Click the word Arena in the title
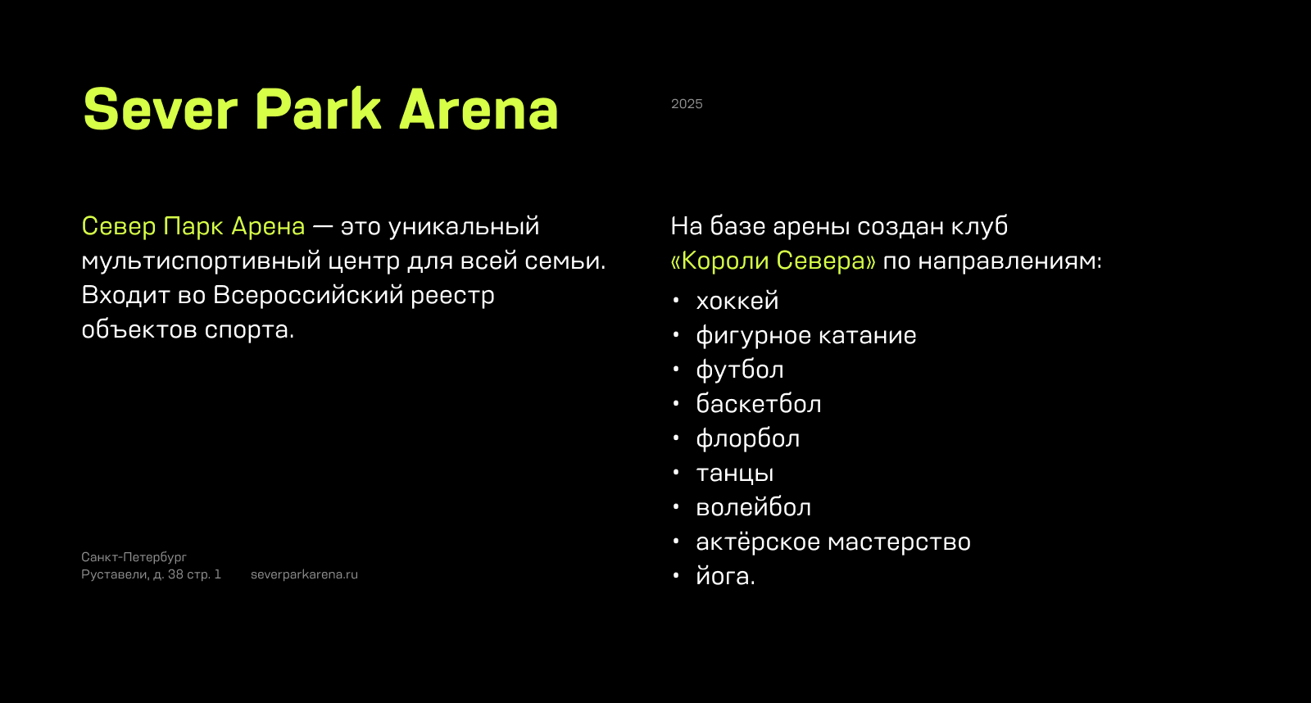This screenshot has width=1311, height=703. coord(479,110)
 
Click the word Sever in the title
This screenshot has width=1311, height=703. coord(161,110)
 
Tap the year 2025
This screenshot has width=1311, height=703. coord(687,104)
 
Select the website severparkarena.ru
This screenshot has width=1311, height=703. coord(304,574)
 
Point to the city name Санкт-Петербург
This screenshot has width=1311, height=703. coord(134,557)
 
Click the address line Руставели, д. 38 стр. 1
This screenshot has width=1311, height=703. coord(151,574)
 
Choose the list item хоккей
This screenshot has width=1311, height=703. coord(737,302)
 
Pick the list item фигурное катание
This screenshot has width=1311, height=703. coord(805,336)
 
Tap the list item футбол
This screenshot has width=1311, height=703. coord(739,370)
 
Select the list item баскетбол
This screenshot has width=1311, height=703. coord(758,405)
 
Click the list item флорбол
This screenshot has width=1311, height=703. coord(747,439)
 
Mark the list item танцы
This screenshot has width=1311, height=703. coord(734,474)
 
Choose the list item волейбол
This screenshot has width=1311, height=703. coord(753,508)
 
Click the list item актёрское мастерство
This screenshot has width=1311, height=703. coord(832,542)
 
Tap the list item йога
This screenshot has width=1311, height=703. coord(724,577)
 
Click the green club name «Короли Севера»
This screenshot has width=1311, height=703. coord(773,261)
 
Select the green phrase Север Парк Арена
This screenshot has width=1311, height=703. coord(193,226)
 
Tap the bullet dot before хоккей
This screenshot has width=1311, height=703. coord(676,301)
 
